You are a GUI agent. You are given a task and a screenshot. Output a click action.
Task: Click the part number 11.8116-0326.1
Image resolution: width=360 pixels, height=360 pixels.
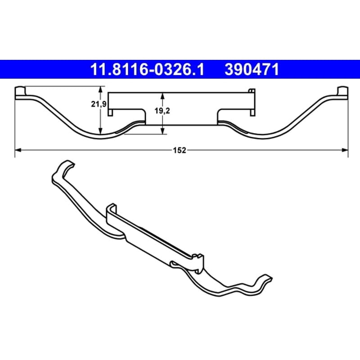coord(147,69)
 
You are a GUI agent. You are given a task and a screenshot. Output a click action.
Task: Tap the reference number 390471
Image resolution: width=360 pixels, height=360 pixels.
coord(252,69)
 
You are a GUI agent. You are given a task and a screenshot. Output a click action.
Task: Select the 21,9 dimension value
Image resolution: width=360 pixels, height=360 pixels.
coord(99,104)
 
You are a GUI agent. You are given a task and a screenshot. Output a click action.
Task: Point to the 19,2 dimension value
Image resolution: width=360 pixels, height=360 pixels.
coord(162,111)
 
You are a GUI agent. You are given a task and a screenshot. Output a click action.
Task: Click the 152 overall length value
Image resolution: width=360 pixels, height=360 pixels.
coord(179,150)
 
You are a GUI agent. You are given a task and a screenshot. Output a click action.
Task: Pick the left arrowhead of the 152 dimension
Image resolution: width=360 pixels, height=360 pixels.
coord(18,150)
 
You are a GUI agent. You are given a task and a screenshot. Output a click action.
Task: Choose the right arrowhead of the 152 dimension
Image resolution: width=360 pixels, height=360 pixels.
coord(345,150)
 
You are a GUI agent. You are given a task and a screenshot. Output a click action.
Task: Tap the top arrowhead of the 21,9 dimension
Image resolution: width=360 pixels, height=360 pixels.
coord(100,89)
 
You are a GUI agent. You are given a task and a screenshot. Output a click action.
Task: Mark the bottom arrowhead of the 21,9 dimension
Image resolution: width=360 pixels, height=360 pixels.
coord(100,131)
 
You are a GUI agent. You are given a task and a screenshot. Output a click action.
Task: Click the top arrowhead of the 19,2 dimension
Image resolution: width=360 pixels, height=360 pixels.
coord(162,96)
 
